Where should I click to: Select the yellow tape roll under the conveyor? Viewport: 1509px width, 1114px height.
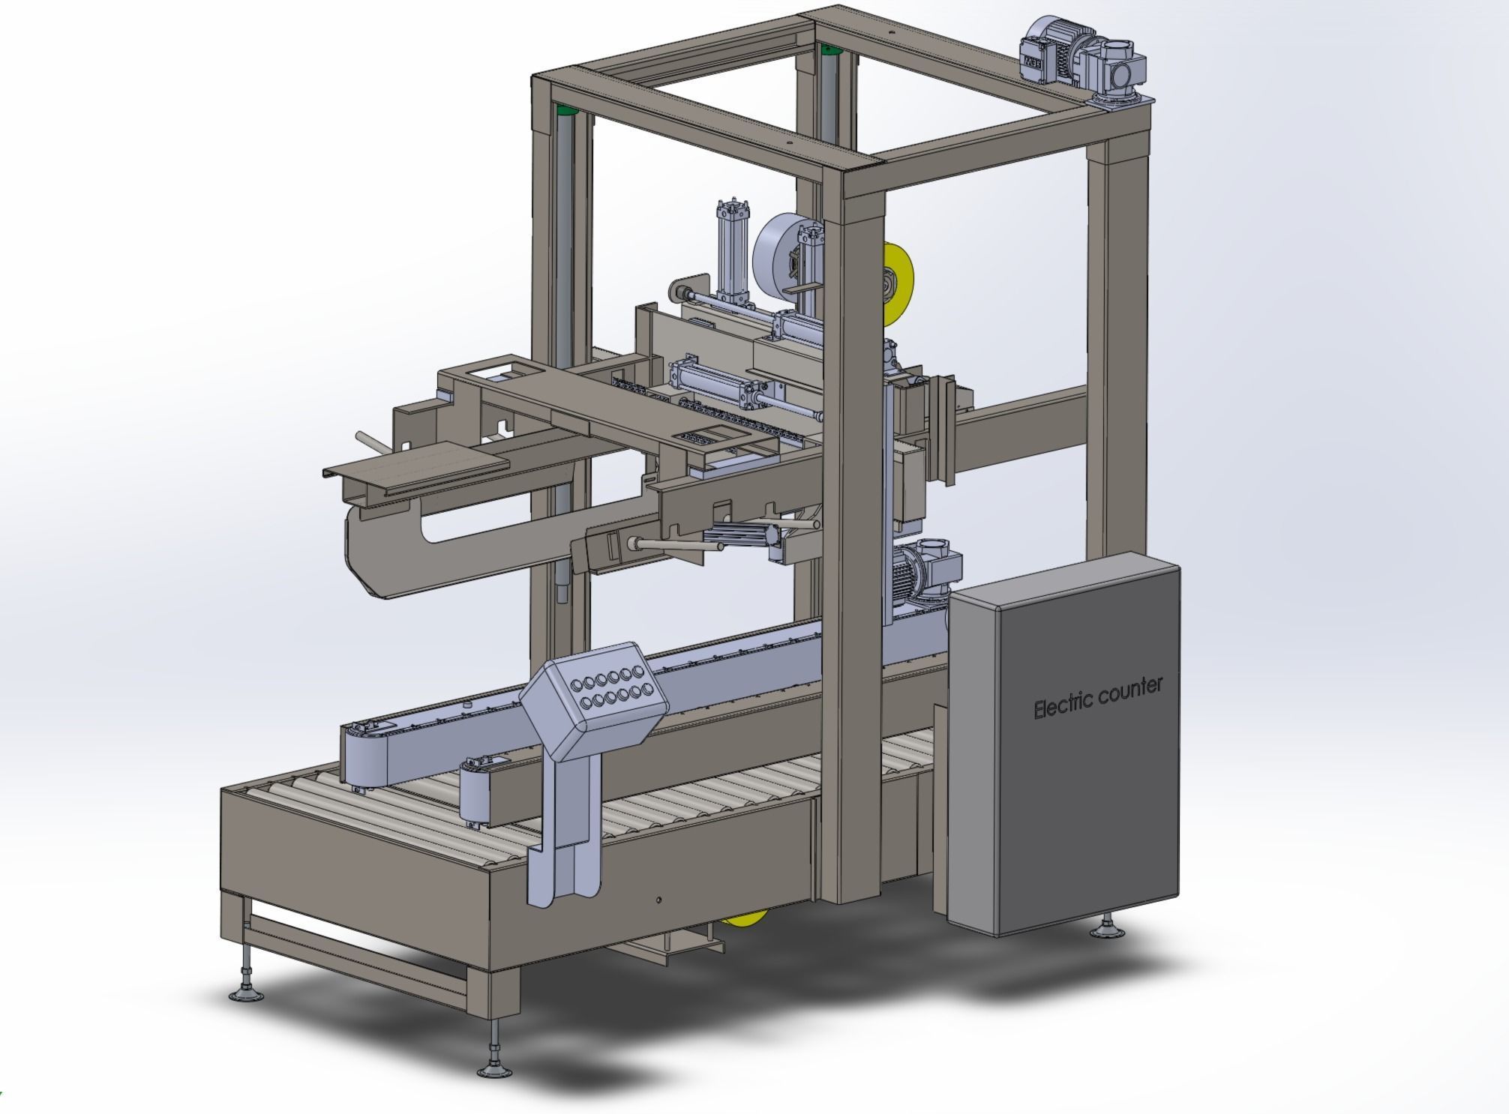[x=747, y=918]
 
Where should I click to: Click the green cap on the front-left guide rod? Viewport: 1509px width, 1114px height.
[x=566, y=112]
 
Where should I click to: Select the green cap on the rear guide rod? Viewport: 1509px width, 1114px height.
[x=828, y=50]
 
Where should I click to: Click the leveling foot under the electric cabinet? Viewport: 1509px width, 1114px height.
[x=1107, y=930]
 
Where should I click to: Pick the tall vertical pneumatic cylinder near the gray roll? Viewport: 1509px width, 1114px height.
[x=730, y=247]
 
